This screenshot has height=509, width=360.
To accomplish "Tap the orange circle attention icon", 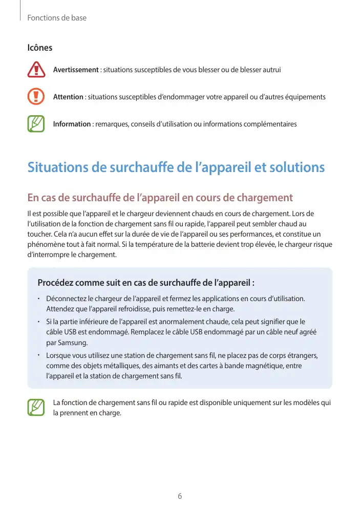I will [36, 97].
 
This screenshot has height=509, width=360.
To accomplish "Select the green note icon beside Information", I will [36, 124].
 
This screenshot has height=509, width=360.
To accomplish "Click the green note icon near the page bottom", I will [36, 407].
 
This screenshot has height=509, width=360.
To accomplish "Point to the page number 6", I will [180, 496].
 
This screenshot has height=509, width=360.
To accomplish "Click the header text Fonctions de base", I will [57, 18].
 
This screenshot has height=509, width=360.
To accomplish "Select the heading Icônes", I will [39, 48].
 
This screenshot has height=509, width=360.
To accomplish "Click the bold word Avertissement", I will [76, 70].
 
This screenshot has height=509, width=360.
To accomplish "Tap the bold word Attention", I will [68, 97].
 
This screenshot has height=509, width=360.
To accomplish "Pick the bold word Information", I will [72, 124].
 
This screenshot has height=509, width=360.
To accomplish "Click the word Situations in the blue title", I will [56, 167].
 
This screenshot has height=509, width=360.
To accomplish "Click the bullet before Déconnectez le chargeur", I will [39, 299].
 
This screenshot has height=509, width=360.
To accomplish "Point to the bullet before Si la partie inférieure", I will [39, 322].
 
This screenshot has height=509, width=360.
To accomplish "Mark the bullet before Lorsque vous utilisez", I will [39, 355].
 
